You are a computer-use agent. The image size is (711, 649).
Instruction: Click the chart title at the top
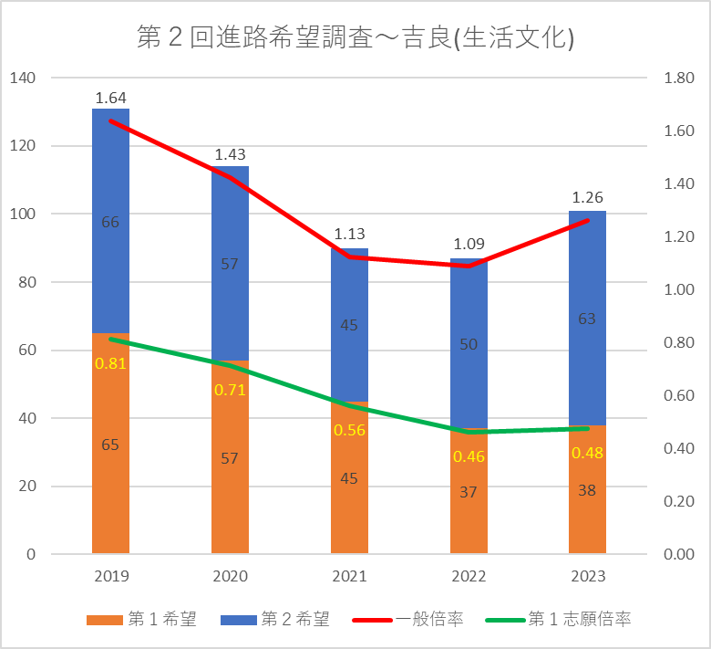355,38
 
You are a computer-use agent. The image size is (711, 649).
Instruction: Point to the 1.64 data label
110,98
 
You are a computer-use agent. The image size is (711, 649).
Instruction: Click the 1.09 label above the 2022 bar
469,244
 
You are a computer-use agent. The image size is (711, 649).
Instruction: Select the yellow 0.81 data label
110,363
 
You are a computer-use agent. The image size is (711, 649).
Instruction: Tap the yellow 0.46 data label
469,456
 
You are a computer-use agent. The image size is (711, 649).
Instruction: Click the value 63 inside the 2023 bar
587,319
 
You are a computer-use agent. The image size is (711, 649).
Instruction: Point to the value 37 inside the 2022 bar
469,492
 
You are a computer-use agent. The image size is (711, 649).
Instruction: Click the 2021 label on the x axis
349,577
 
